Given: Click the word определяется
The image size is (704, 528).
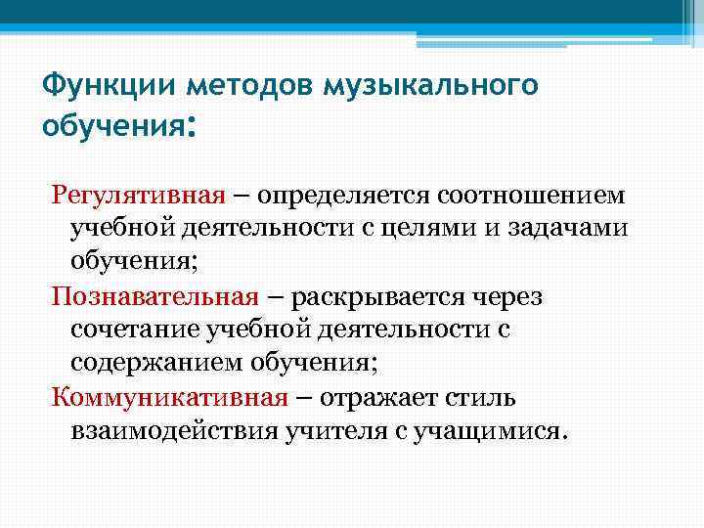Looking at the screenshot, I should [x=354, y=195].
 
